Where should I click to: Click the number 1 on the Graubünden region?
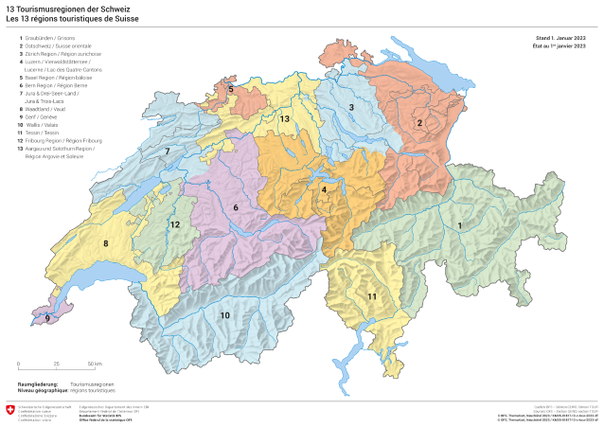pyautogui.click(x=460, y=224)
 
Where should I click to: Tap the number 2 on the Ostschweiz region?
pyautogui.click(x=419, y=123)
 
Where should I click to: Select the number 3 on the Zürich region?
pyautogui.click(x=351, y=108)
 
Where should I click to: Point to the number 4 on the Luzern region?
pyautogui.click(x=325, y=189)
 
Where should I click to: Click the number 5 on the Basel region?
pyautogui.click(x=230, y=89)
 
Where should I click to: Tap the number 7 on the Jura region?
pyautogui.click(x=167, y=151)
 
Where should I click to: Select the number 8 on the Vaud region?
pyautogui.click(x=105, y=244)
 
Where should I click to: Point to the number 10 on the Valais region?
pyautogui.click(x=224, y=314)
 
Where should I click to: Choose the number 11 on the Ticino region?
pyautogui.click(x=372, y=296)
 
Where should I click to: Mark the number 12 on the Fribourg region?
pyautogui.click(x=175, y=223)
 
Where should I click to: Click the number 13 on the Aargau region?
pyautogui.click(x=283, y=118)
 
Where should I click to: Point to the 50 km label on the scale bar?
pyautogui.click(x=95, y=364)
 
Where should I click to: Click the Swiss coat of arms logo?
pyautogui.click(x=10, y=410)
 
